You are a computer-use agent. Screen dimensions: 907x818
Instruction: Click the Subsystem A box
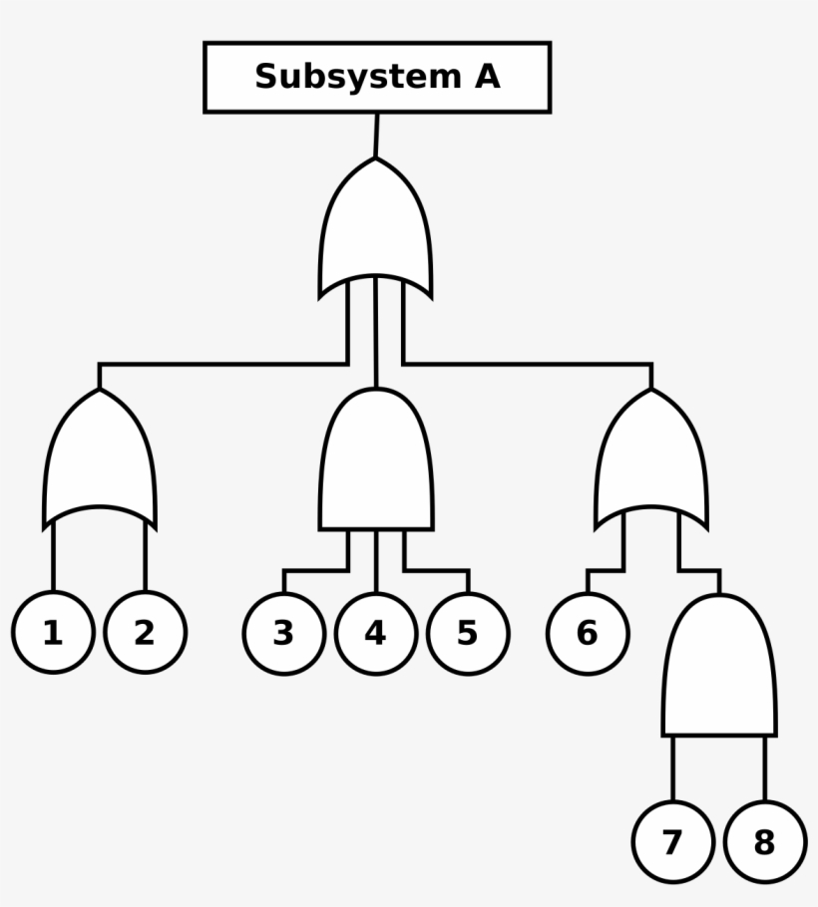[377, 77]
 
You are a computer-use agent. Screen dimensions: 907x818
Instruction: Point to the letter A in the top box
[486, 77]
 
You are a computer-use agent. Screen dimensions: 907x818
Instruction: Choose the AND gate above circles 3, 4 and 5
[376, 463]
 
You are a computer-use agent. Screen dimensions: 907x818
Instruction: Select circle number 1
[54, 633]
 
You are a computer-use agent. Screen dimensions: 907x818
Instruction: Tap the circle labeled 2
[146, 633]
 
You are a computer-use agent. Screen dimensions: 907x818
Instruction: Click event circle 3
[284, 633]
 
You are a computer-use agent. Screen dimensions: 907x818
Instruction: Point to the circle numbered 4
[376, 633]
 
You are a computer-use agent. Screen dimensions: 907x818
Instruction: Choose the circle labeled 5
[468, 633]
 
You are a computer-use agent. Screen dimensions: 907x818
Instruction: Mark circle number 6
[588, 633]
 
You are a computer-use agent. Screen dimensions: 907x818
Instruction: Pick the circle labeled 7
[673, 842]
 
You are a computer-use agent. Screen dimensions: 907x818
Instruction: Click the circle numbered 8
[765, 842]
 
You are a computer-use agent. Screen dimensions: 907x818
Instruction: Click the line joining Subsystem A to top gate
[377, 136]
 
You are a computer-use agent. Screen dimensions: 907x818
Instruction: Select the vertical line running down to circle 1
[54, 558]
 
